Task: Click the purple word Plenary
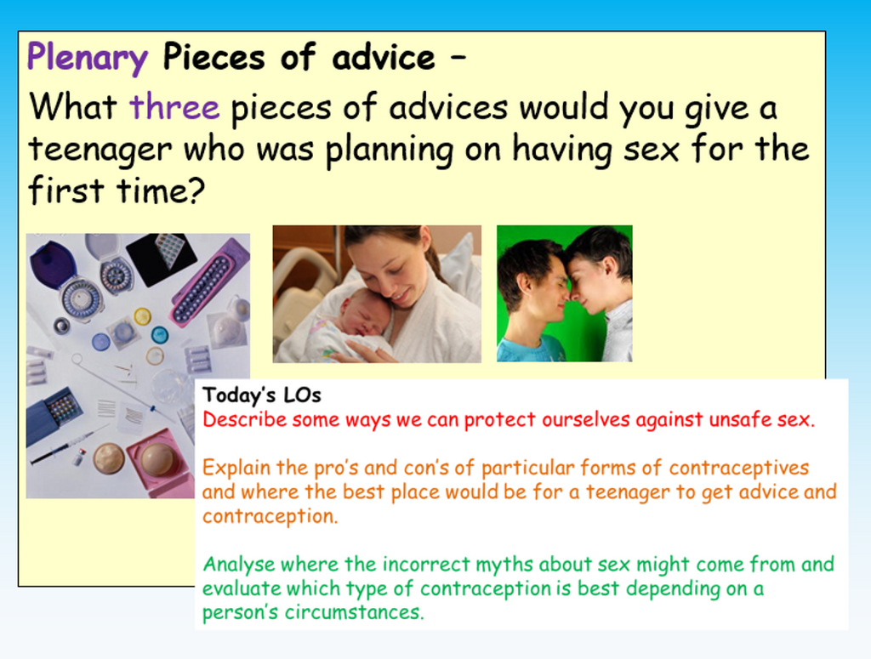click(x=87, y=58)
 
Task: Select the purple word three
click(x=174, y=108)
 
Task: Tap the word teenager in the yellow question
click(x=100, y=150)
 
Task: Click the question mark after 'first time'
click(x=196, y=190)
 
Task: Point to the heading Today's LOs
click(x=262, y=395)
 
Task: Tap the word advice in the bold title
click(x=382, y=58)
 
